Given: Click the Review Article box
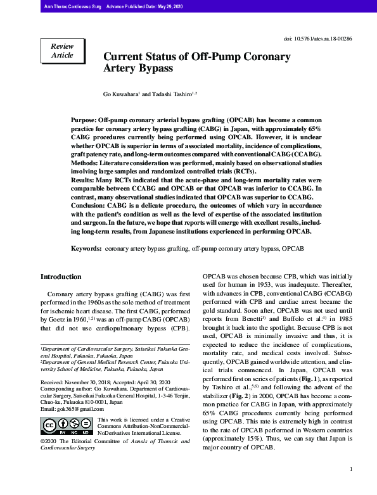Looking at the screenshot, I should [62, 51].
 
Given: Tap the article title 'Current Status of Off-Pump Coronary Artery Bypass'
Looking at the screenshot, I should [197, 62].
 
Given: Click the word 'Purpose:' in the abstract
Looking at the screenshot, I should [84, 120].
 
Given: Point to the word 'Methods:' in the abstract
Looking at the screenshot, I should [85, 163].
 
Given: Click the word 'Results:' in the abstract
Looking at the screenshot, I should [83, 180].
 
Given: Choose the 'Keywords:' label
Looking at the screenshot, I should [86, 249].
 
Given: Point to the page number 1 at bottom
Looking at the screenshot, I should [350, 469].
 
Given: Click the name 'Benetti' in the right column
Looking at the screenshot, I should [258, 320].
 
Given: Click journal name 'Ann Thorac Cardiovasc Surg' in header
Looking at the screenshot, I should [70, 6].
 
